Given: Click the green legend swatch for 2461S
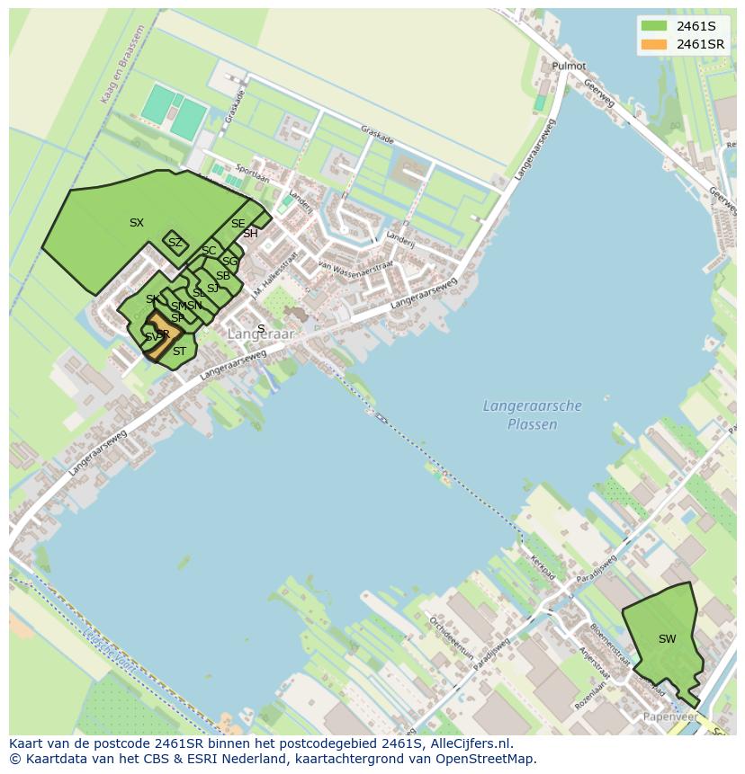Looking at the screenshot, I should pyautogui.click(x=654, y=26).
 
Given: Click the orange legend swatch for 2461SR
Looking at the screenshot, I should pyautogui.click(x=654, y=44).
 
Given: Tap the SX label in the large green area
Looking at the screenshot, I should pyautogui.click(x=136, y=223).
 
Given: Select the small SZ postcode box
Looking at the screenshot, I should pyautogui.click(x=175, y=243).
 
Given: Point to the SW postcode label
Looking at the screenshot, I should pyautogui.click(x=667, y=639).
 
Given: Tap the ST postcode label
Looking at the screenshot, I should pyautogui.click(x=179, y=351).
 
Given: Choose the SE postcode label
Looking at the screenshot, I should pyautogui.click(x=238, y=224).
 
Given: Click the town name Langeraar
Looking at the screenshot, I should pyautogui.click(x=261, y=334).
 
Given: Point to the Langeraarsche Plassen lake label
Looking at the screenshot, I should pyautogui.click(x=532, y=415).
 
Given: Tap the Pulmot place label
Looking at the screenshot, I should pyautogui.click(x=569, y=67).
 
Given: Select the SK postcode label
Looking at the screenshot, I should pyautogui.click(x=152, y=299).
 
